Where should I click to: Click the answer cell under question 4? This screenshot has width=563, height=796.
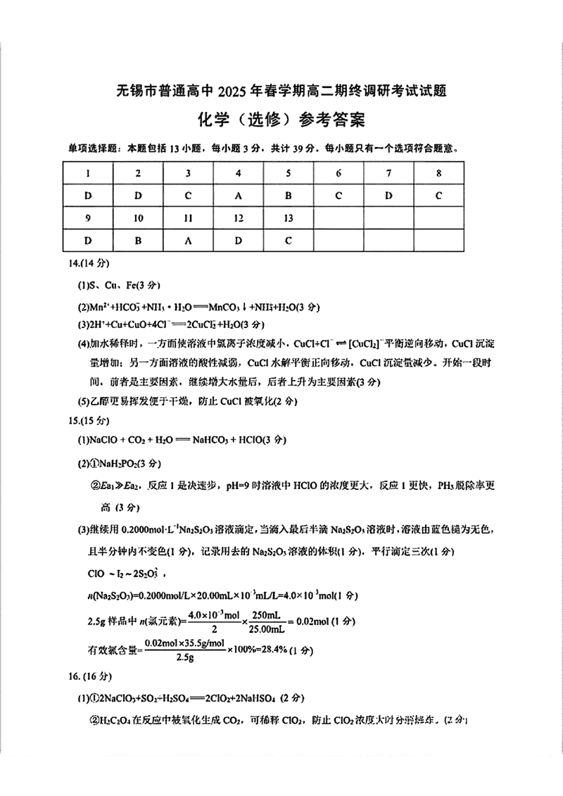click(238, 195)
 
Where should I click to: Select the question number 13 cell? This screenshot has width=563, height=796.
click(288, 217)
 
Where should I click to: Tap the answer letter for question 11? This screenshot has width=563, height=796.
click(188, 240)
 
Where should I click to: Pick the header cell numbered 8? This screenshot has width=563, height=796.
click(438, 172)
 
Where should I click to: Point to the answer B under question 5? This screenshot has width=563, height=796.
click(288, 195)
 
